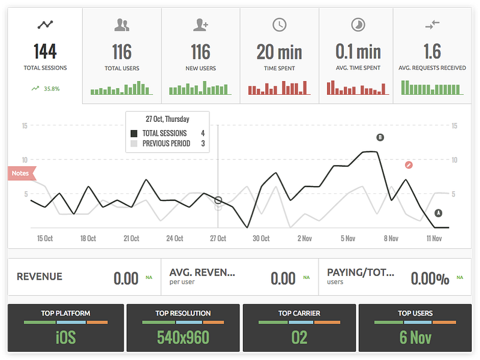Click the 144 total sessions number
[45, 52]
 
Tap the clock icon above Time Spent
[279, 25]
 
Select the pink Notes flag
[22, 173]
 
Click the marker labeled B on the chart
[380, 137]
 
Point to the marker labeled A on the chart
[439, 213]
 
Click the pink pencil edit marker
[409, 166]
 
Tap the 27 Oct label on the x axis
[218, 238]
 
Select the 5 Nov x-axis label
[348, 238]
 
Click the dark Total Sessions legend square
[134, 133]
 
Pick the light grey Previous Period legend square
[134, 143]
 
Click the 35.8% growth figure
[52, 89]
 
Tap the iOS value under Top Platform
[66, 337]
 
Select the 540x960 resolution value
[183, 337]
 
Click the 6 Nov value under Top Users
[415, 337]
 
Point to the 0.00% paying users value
[430, 278]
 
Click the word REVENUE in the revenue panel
[40, 277]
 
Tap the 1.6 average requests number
[432, 52]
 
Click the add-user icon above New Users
[201, 25]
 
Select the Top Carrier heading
[299, 313]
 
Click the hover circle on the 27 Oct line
[218, 200]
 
